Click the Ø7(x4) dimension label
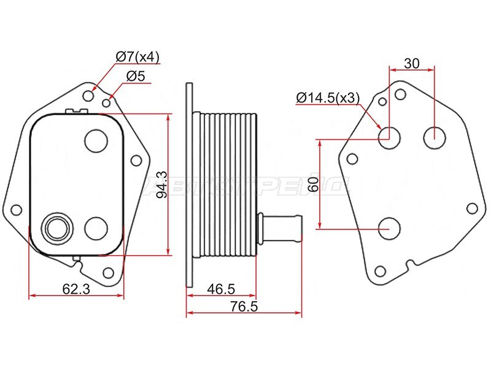tap(137, 58)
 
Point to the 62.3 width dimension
tap(76, 288)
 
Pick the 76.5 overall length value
tap(244, 306)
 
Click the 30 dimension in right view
tap(412, 63)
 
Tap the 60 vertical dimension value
tap(314, 183)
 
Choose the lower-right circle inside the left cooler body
tap(95, 228)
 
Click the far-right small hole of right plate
tap(471, 209)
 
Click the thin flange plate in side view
tap(188, 184)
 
